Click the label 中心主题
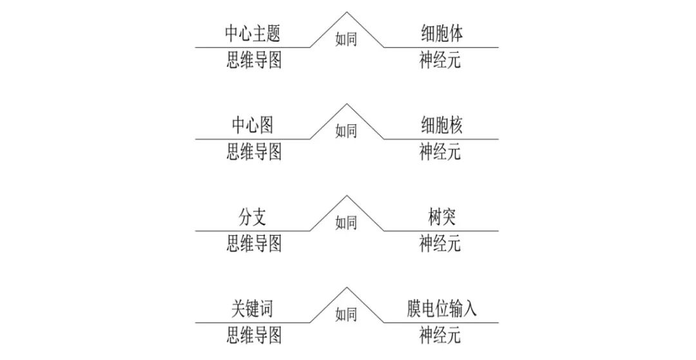(253, 33)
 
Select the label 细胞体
(441, 33)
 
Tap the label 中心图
(253, 126)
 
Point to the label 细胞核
(441, 126)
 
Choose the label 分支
(253, 217)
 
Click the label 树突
(441, 217)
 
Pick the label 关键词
(253, 309)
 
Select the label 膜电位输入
(441, 309)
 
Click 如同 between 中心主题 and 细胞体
(346, 39)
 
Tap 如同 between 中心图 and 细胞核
(346, 131)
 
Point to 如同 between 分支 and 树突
(346, 223)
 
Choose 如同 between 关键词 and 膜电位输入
(346, 314)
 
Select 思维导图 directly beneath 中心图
(254, 152)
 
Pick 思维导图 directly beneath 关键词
(254, 336)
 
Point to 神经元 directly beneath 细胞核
(440, 152)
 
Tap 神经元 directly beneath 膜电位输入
(440, 336)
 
